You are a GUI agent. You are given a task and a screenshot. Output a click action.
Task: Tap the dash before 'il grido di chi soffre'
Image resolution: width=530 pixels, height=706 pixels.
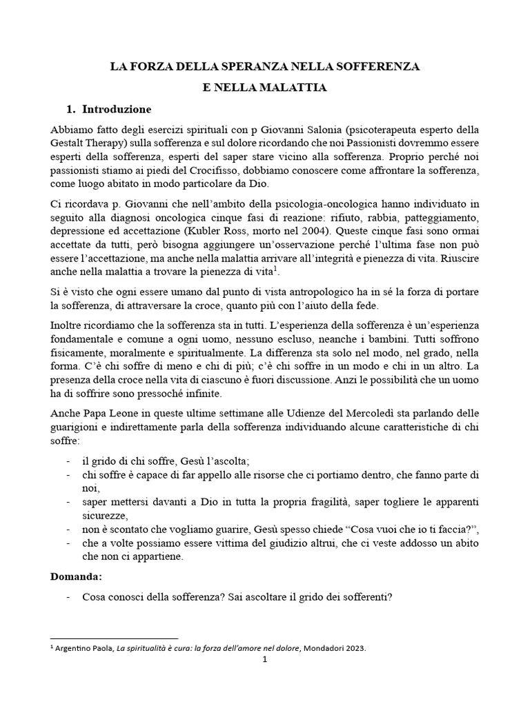pyautogui.click(x=66, y=461)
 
